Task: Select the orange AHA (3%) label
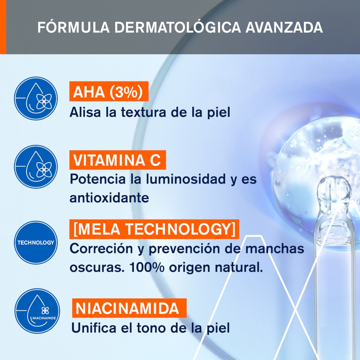click(x=109, y=92)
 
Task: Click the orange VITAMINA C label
click(x=118, y=160)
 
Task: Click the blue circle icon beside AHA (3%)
click(x=36, y=98)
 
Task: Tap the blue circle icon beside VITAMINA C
click(x=36, y=167)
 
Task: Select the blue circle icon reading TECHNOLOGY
click(x=36, y=242)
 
